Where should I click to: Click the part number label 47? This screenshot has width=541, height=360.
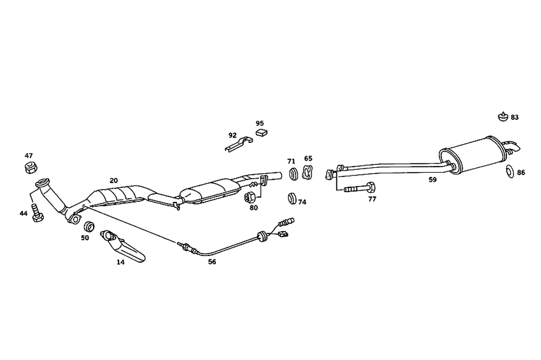pyautogui.click(x=29, y=155)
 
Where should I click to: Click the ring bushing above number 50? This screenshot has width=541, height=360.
pyautogui.click(x=90, y=225)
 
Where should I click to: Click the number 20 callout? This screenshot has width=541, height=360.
pyautogui.click(x=114, y=181)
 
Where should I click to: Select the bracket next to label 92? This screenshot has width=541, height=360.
pyautogui.click(x=238, y=143)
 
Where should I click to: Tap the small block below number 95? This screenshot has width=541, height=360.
pyautogui.click(x=262, y=133)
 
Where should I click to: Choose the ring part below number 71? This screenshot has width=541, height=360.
pyautogui.click(x=293, y=174)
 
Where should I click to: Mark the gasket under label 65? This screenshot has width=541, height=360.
pyautogui.click(x=307, y=173)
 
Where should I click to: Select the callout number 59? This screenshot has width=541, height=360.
pyautogui.click(x=432, y=180)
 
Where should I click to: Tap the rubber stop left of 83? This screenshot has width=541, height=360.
pyautogui.click(x=502, y=116)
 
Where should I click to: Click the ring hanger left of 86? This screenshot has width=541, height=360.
pyautogui.click(x=509, y=172)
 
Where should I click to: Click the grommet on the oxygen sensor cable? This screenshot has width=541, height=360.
pyautogui.click(x=263, y=235)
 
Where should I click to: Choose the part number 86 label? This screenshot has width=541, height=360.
pyautogui.click(x=521, y=173)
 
